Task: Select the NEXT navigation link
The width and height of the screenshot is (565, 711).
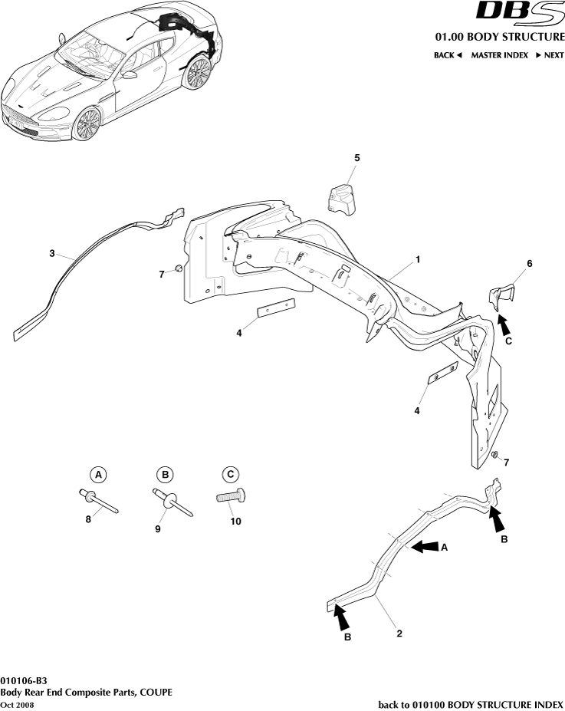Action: tap(549, 55)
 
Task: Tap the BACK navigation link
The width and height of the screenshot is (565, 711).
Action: tap(448, 55)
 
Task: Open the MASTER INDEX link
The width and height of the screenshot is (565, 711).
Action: tap(499, 55)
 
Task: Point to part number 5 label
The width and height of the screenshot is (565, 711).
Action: tap(356, 157)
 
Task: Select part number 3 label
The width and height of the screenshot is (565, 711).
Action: tap(51, 252)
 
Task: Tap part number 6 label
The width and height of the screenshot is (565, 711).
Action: tap(529, 263)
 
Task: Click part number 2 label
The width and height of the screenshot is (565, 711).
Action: tap(399, 634)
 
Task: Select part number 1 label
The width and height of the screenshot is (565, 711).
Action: tap(418, 260)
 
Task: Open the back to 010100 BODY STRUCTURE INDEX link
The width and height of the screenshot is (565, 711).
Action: tap(471, 704)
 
